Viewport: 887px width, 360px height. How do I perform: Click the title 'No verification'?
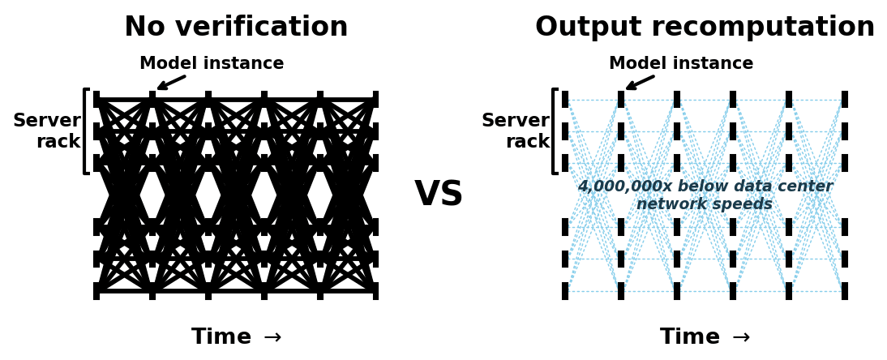point(236,28)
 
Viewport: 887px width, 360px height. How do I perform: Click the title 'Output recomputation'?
point(705,28)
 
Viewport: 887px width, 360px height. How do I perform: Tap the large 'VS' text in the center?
point(439,195)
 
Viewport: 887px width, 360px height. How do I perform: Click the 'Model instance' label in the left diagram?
point(212,63)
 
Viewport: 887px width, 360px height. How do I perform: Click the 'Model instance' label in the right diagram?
point(681,63)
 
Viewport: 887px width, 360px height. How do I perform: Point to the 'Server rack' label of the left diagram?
point(47,131)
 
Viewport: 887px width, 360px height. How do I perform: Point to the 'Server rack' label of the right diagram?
point(516,131)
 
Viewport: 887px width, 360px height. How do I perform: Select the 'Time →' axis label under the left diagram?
point(236,337)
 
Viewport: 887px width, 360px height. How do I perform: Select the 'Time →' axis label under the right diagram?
point(705,337)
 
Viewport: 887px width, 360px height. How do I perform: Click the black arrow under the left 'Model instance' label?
point(171,82)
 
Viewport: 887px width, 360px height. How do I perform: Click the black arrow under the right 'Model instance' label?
point(640,82)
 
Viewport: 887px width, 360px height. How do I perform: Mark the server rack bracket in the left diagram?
point(85,131)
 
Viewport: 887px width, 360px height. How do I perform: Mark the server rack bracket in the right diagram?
point(554,131)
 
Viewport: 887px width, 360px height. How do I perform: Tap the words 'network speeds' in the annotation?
point(704,204)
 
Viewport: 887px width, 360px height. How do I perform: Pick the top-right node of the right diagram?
point(845,100)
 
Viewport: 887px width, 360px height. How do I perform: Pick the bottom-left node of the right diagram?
point(565,291)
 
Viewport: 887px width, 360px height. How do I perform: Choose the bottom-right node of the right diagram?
point(845,291)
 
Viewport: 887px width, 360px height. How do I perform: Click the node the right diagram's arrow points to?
point(621,100)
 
